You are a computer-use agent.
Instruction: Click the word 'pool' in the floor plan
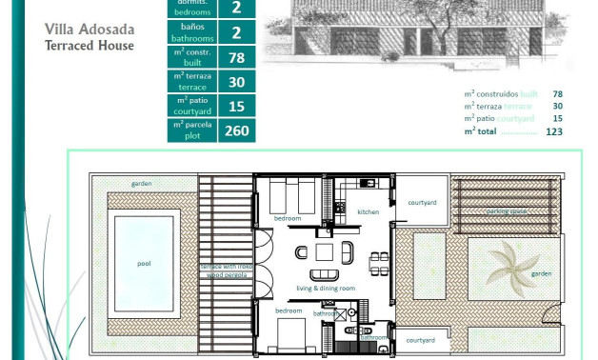click(x=144, y=264)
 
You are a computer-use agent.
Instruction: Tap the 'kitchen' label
click(x=369, y=211)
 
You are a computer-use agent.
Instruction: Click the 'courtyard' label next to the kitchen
click(x=421, y=203)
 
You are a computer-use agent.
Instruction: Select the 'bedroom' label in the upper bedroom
click(x=288, y=218)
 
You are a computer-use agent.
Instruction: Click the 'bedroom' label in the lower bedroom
click(x=289, y=310)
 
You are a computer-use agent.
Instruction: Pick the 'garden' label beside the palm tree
click(x=541, y=273)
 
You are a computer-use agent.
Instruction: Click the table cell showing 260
click(x=236, y=130)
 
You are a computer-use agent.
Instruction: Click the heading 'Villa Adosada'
click(x=90, y=30)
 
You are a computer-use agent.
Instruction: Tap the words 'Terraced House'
click(x=90, y=45)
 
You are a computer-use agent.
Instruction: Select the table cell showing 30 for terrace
click(x=236, y=82)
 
